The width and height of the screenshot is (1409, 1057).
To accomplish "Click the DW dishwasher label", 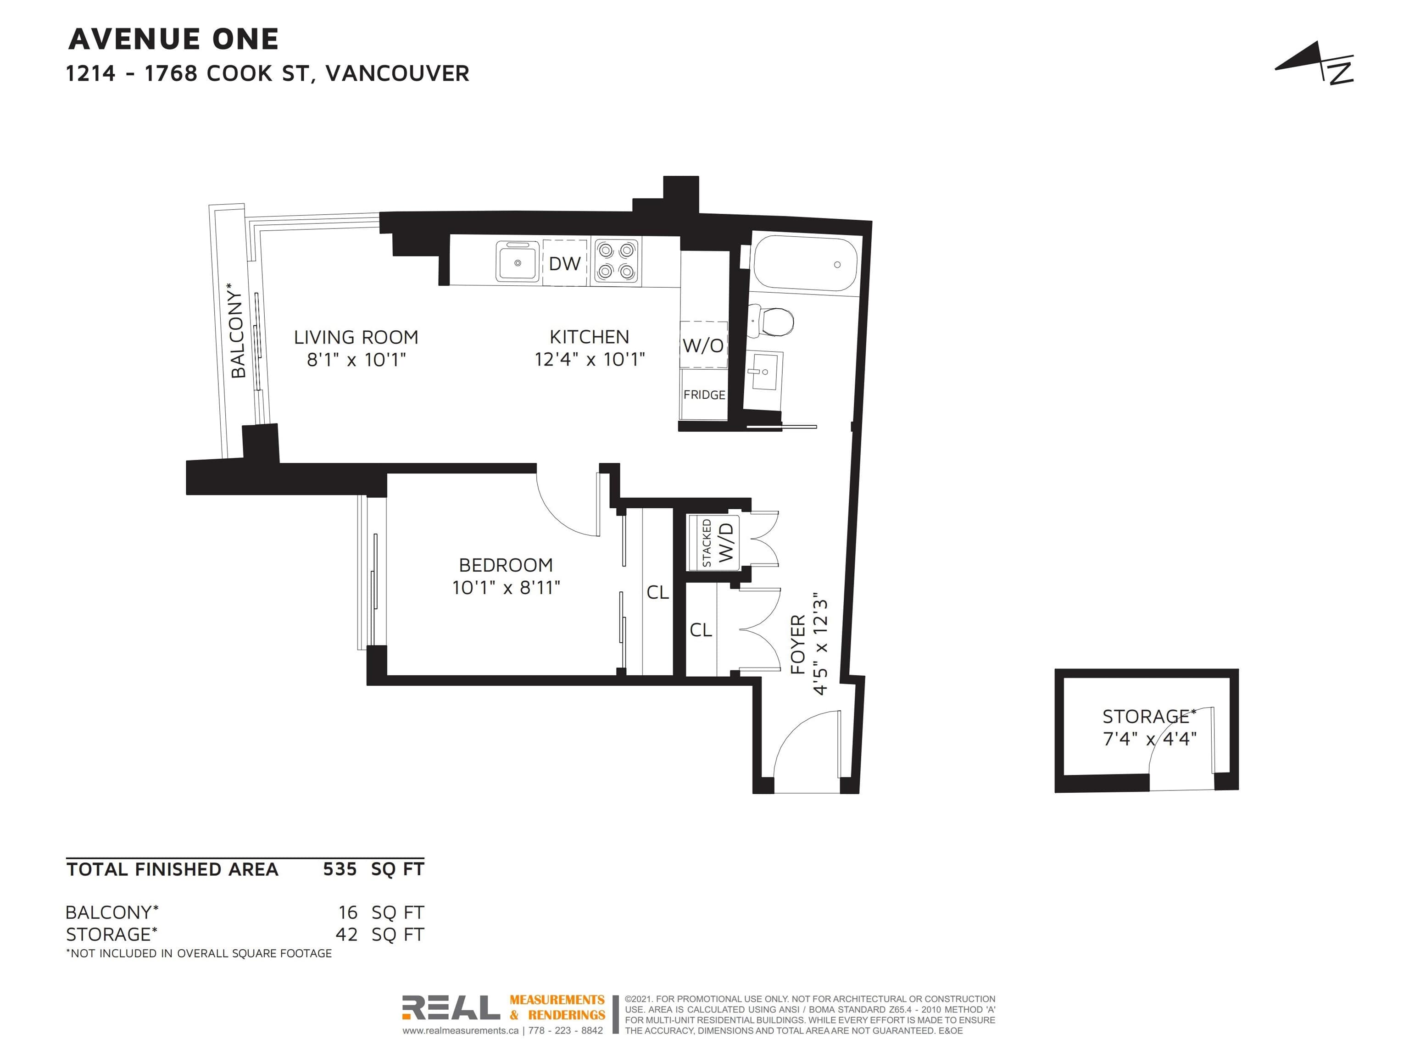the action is click(565, 263).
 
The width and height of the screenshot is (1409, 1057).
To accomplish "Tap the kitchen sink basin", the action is click(517, 261).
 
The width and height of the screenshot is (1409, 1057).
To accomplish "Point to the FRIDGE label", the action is click(704, 395).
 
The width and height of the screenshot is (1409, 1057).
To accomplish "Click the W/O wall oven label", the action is click(703, 345).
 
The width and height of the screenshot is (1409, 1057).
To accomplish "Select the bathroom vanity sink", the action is click(764, 371).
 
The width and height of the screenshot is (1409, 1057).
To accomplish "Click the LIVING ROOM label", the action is click(356, 337).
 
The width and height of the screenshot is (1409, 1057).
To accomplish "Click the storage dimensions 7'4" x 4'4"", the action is click(1150, 739).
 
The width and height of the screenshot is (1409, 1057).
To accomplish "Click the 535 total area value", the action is click(340, 869).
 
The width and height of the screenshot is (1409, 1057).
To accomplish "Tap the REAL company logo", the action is click(451, 1008).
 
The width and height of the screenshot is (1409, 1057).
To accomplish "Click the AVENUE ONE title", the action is click(173, 39).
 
